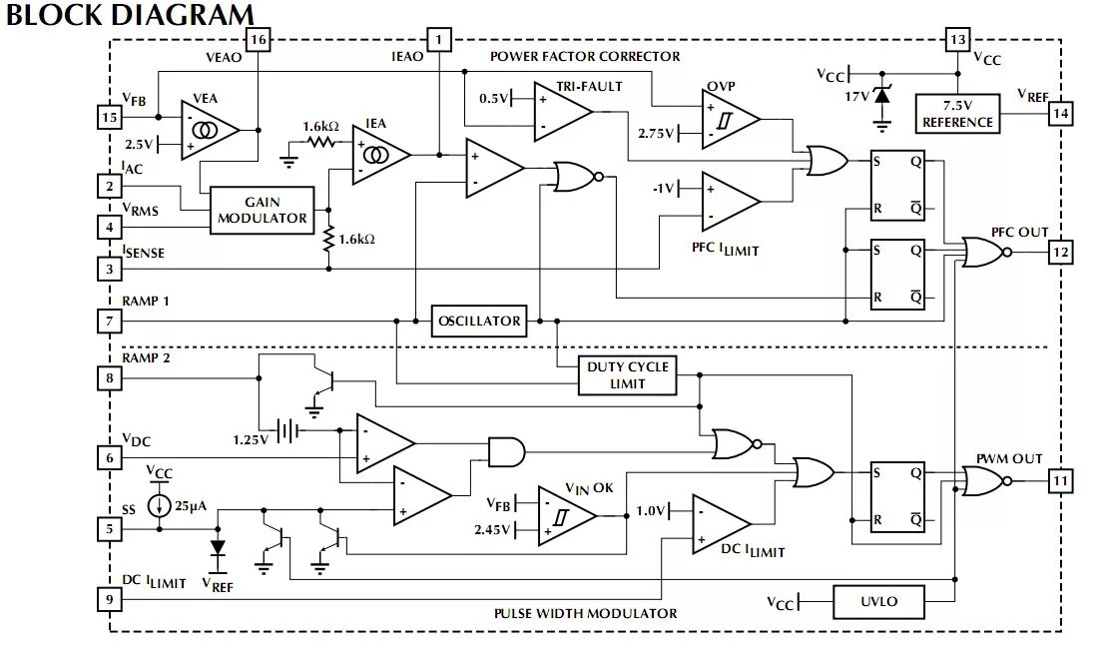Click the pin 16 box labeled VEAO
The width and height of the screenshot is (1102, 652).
pyautogui.click(x=258, y=39)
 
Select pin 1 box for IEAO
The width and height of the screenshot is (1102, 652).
pyautogui.click(x=438, y=39)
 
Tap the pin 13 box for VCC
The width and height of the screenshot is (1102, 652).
pyautogui.click(x=957, y=39)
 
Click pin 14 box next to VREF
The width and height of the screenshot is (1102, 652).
pyautogui.click(x=1060, y=114)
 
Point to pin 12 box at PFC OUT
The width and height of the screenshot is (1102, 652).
pyautogui.click(x=1060, y=253)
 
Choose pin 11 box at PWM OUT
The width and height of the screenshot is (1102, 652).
pyautogui.click(x=1060, y=482)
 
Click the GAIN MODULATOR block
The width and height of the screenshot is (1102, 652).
pyautogui.click(x=262, y=211)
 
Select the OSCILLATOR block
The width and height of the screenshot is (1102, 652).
pyautogui.click(x=479, y=321)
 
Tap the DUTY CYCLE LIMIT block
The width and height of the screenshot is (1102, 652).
pyautogui.click(x=628, y=374)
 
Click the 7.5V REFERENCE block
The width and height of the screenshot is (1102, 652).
pyautogui.click(x=957, y=114)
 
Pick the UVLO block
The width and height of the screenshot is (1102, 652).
pyautogui.click(x=878, y=601)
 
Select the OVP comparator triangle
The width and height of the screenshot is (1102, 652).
pyautogui.click(x=729, y=119)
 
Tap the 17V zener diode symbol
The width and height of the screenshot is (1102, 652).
pyautogui.click(x=881, y=96)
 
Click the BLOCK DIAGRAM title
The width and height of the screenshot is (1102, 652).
pyautogui.click(x=131, y=15)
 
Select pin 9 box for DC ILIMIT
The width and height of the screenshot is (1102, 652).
pyautogui.click(x=109, y=599)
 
